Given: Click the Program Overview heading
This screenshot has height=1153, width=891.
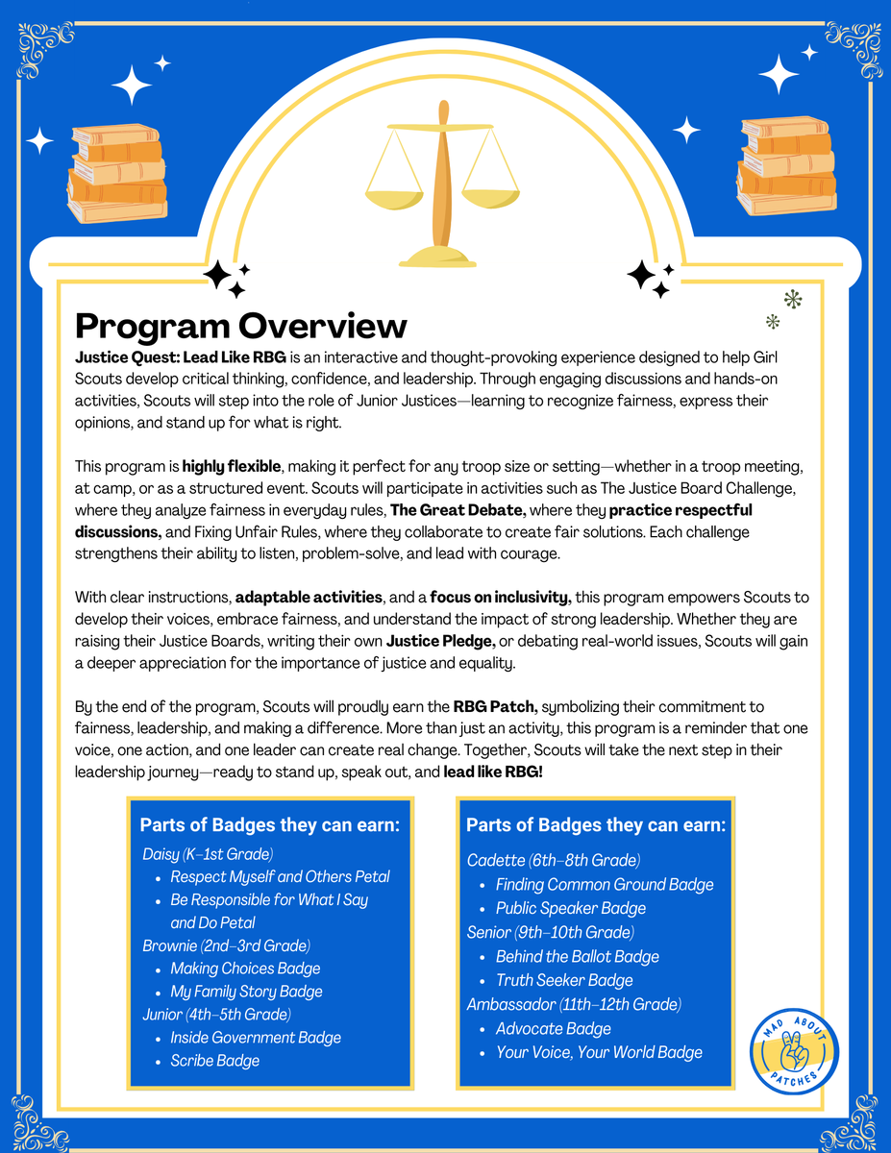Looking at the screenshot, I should [241, 325].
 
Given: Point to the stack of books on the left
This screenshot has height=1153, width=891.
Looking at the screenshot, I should [117, 173].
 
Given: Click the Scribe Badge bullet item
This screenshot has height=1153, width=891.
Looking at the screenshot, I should [214, 1061].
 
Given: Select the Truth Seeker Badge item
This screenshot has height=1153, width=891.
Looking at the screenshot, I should [564, 980].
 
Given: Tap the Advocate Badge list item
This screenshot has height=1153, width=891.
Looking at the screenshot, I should [553, 1028].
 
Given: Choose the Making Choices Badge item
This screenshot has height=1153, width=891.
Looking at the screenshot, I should [245, 969].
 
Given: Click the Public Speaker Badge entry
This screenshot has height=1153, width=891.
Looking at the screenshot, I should [570, 908].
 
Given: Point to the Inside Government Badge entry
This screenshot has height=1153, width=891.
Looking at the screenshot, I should [256, 1038].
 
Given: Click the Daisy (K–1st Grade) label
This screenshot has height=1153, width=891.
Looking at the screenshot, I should [208, 853].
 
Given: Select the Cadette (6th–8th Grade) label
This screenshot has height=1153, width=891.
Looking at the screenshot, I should [554, 860].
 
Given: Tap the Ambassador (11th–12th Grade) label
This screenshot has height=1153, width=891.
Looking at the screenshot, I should [574, 1004].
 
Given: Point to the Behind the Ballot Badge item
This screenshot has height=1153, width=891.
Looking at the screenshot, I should [578, 956].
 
